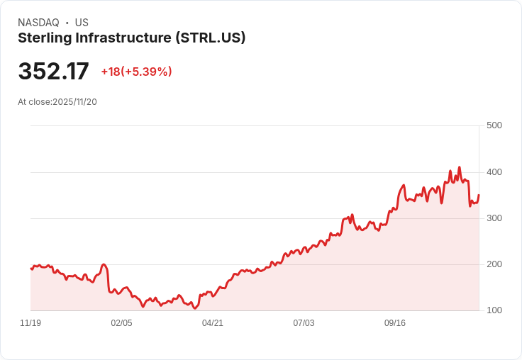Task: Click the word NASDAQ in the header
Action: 38,23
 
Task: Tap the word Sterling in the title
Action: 43,38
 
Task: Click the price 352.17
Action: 53,72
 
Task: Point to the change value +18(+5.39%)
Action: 136,72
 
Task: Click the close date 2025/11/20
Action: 74,101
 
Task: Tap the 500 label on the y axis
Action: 494,125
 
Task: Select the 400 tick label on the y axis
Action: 494,172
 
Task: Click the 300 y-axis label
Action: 494,218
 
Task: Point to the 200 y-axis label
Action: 494,264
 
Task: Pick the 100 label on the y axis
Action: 494,310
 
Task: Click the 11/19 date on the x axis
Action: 30,323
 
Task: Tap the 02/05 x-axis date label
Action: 121,323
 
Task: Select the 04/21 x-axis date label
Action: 213,323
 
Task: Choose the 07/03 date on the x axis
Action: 304,323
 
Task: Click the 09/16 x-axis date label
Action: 395,323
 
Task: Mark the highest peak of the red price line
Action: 460,167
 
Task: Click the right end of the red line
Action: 479,195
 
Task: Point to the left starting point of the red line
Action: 30,269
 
